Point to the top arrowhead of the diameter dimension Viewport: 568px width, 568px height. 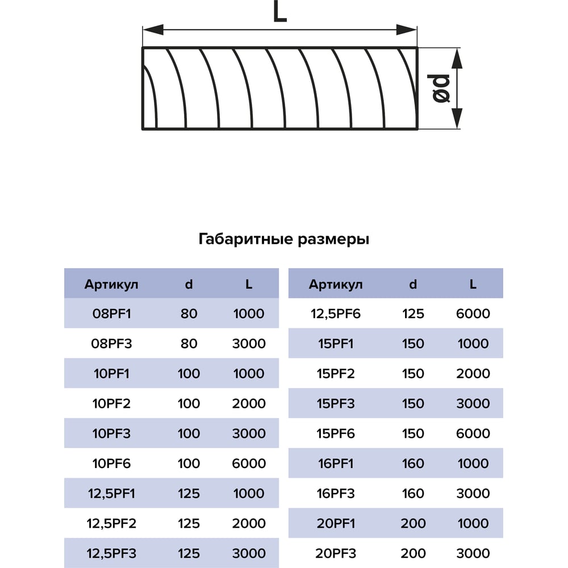point(457,59)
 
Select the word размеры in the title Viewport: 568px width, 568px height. point(333,240)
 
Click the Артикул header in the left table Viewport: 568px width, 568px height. point(111,285)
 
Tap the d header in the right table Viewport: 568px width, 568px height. point(413,285)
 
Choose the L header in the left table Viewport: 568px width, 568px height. point(249,285)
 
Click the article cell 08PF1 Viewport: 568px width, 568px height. point(111,314)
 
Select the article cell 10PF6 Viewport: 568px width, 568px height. point(111,463)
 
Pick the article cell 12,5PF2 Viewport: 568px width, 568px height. point(111,523)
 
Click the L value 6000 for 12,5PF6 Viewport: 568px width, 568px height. point(473,314)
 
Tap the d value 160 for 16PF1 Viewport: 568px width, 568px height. point(413,463)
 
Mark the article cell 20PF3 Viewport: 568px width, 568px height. point(336,553)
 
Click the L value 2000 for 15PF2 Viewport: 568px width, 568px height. point(473,374)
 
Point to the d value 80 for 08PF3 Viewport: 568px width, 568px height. point(189,344)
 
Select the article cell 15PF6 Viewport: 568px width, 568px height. point(336,433)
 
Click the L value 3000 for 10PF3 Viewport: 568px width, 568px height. point(249,433)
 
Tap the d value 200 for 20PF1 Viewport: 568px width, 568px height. point(413,523)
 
